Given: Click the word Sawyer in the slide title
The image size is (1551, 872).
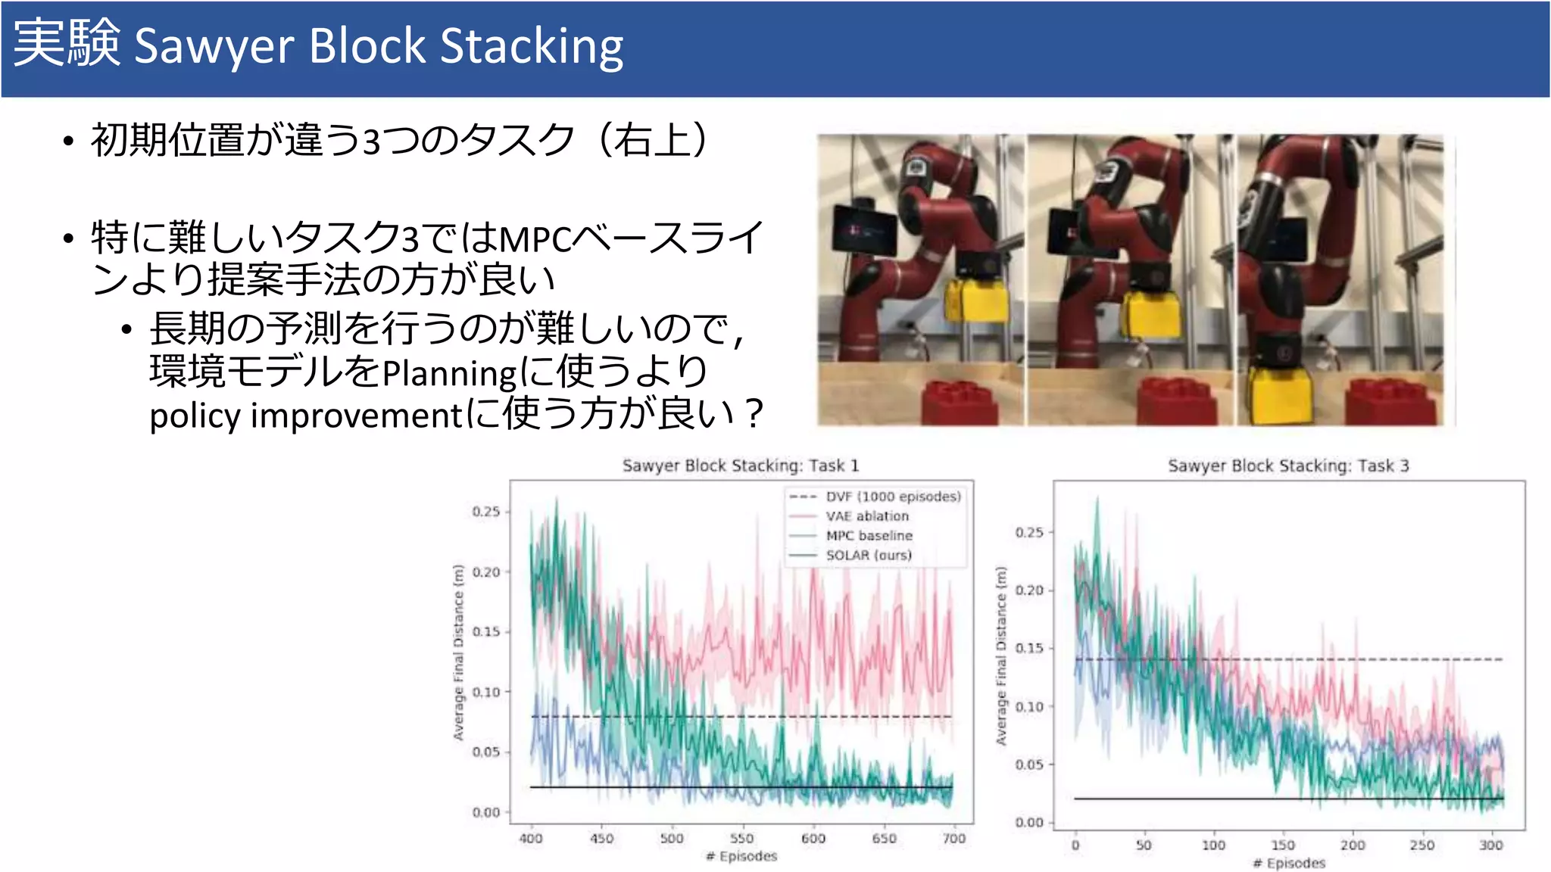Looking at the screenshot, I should tap(214, 47).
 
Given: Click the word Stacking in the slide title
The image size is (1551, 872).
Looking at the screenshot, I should tap(532, 47).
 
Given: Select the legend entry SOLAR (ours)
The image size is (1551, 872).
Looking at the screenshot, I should tap(869, 555).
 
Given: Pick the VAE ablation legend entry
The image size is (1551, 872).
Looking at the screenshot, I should tap(867, 516).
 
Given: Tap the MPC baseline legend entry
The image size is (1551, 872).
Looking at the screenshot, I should tap(869, 536).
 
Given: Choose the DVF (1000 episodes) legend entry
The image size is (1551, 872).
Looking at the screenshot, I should tap(893, 497).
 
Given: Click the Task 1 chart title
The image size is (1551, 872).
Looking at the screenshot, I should tap(741, 466).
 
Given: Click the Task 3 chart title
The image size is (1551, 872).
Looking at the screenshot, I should tap(1288, 466).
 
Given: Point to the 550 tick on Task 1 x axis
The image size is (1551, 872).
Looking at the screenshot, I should tap(741, 838).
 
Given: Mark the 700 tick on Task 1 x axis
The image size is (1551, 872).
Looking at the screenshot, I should tap(953, 838).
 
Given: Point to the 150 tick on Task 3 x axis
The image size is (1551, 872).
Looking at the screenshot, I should tap(1282, 845).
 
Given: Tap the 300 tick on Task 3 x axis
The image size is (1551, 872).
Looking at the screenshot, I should tap(1490, 845).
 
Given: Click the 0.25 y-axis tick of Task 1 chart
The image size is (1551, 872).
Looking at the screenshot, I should tap(486, 512).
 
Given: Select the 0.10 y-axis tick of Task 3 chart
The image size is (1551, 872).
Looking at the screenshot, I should tap(1029, 706).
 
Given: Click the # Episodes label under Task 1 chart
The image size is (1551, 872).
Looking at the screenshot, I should tap(741, 856).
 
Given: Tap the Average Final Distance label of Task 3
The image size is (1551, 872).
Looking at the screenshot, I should tap(1001, 656).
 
